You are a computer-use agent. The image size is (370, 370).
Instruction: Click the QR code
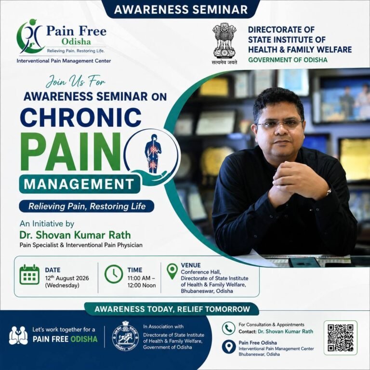coord(340,338)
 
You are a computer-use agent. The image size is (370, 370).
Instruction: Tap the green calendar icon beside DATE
coord(29,275)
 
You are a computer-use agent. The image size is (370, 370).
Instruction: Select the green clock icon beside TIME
coord(114,274)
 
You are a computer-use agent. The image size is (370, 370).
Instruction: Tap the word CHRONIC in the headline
coord(81,117)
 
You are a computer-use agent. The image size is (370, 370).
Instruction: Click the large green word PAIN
coord(70,151)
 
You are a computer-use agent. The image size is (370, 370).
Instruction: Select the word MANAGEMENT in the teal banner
coord(79,184)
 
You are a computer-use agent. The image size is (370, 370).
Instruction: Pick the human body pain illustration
coord(153,153)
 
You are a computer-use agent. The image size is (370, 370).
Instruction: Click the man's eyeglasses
coord(280,124)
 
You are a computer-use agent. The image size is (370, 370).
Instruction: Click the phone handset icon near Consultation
coord(228,328)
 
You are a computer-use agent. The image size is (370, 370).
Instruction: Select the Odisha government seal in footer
coord(125,335)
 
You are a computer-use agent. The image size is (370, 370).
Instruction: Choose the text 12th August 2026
coord(67,278)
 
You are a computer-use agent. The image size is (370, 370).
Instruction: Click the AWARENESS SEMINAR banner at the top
coord(181,10)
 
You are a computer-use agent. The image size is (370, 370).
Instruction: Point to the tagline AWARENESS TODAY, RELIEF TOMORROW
coord(172,309)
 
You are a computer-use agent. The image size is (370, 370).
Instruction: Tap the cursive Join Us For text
coord(76,81)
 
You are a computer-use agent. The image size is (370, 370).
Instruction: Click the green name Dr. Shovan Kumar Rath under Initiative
coord(75,235)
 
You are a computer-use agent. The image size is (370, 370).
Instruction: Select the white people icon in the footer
coord(18,335)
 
